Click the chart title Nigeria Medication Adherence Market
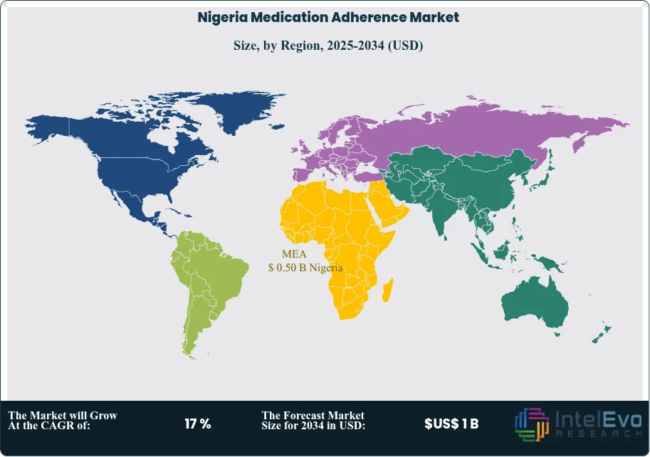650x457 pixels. click(x=328, y=17)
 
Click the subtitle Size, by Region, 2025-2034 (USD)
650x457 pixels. click(x=328, y=46)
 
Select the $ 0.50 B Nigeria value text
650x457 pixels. click(x=305, y=268)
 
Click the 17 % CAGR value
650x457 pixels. click(x=197, y=424)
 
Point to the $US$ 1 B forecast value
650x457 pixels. click(x=451, y=424)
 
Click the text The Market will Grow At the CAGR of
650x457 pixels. click(x=63, y=420)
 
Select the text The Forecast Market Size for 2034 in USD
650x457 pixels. click(x=314, y=420)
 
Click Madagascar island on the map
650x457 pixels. click(x=388, y=290)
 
